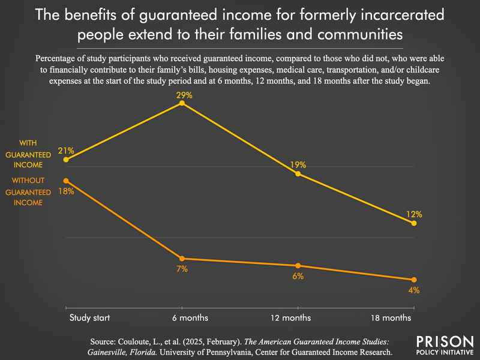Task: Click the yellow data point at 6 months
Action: [182, 104]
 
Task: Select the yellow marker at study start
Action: [66, 160]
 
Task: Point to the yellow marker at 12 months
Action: [298, 174]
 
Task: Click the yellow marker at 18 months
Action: [414, 223]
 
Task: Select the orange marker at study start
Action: [66, 181]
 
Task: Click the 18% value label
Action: [66, 191]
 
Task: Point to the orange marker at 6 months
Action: [182, 259]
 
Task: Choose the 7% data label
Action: [182, 269]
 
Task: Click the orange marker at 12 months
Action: [298, 266]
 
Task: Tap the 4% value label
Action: [414, 290]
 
